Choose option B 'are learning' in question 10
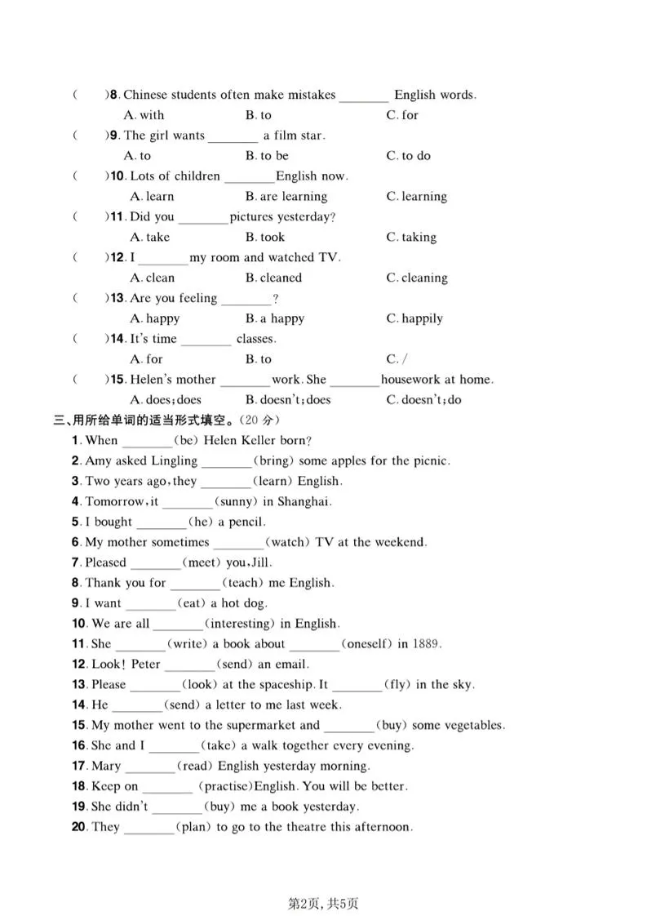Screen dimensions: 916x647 [286, 197]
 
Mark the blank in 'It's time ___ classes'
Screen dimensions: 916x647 [206, 340]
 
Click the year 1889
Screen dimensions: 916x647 [427, 644]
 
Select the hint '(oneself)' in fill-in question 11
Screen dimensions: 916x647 [366, 644]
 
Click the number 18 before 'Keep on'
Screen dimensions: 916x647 [79, 786]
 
